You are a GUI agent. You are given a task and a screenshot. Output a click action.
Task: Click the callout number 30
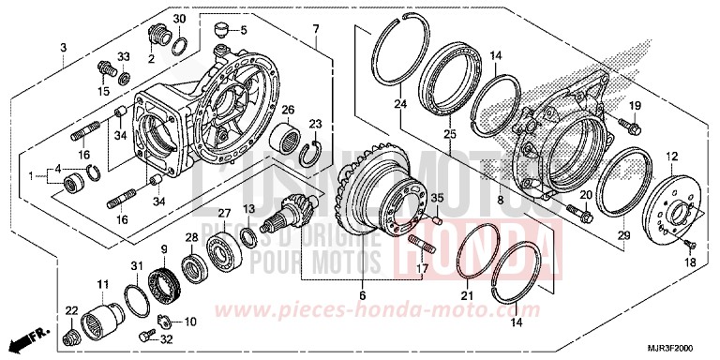(x=179, y=19)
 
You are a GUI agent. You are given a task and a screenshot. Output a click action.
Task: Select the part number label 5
(x=245, y=30)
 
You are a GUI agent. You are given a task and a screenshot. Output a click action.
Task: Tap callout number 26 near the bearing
(x=289, y=109)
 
